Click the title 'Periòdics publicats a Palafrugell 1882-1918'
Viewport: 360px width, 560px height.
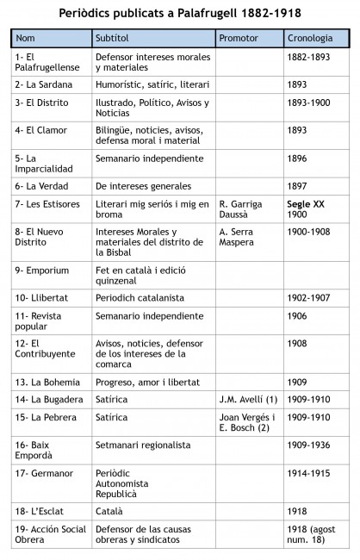pyautogui.click(x=180, y=15)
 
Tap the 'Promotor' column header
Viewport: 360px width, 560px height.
pyautogui.click(x=238, y=39)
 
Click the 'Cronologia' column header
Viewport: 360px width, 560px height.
pyautogui.click(x=312, y=39)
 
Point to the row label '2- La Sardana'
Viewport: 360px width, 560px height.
pyautogui.click(x=44, y=84)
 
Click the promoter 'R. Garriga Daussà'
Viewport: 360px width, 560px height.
pyautogui.click(x=244, y=209)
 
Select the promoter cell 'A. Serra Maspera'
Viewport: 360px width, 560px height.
pyautogui.click(x=241, y=238)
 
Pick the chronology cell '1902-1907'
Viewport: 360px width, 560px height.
pyautogui.click(x=307, y=297)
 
